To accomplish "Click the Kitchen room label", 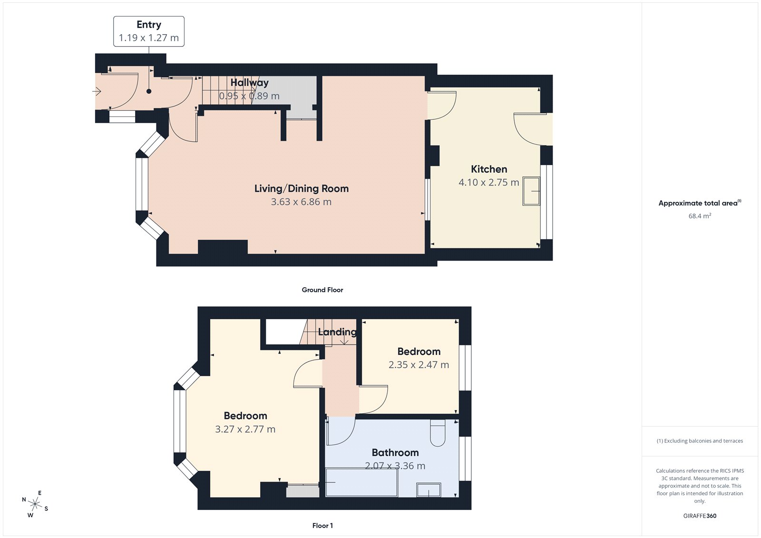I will click(489, 169).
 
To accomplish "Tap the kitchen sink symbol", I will click(531, 191).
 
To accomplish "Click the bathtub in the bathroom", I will click(361, 482).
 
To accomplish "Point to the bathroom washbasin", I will click(429, 490).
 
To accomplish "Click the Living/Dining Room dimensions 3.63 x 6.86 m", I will click(301, 202).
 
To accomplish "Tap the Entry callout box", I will click(149, 31).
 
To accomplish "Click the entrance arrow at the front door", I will click(97, 91).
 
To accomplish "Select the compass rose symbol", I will click(35, 504).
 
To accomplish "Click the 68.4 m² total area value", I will click(700, 216).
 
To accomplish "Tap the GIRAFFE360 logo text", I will click(700, 516).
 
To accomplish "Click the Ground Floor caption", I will click(322, 290).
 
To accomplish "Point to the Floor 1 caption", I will click(322, 526).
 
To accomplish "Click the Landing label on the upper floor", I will click(337, 332).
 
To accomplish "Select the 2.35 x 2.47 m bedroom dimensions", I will click(419, 365).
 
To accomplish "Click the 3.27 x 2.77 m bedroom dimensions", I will click(245, 429).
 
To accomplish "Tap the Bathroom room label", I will click(395, 452).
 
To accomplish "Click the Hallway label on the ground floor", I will click(249, 82).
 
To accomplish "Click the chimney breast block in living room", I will click(223, 247).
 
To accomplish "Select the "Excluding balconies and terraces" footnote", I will click(700, 441).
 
